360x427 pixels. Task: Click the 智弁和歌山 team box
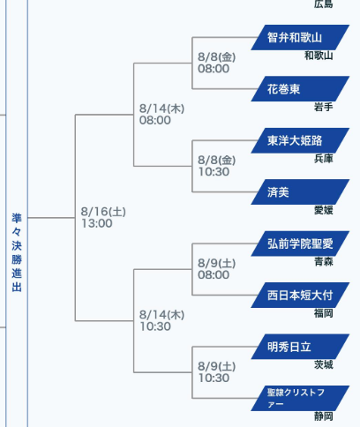(300, 37)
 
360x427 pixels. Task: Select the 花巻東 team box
(300, 89)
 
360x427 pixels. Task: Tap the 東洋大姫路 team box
(300, 140)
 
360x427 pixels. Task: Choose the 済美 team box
(300, 192)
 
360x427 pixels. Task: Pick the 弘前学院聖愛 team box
(300, 243)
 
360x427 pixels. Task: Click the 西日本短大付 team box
(300, 296)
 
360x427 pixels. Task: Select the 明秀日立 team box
(300, 347)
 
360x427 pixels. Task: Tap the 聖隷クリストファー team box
(300, 398)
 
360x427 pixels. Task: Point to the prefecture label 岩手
(323, 107)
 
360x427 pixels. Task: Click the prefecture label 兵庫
(323, 159)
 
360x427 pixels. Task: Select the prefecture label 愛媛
(323, 210)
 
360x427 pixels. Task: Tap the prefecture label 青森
(323, 262)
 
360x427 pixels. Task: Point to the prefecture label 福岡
(323, 313)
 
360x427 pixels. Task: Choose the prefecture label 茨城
(323, 364)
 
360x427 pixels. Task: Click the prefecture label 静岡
(323, 416)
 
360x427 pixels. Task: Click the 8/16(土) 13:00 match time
(103, 217)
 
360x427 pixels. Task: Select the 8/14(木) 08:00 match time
(161, 114)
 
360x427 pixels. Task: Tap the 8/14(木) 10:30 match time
(161, 320)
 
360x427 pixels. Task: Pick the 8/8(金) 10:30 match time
(217, 166)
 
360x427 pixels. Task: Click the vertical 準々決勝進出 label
(17, 252)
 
